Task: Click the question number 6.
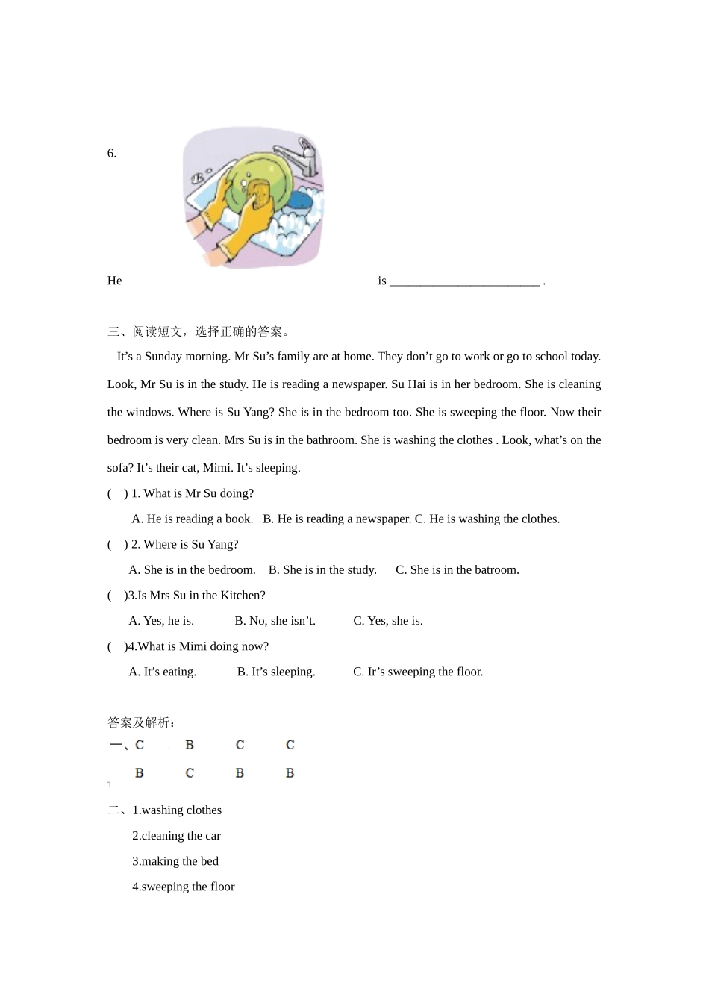112,154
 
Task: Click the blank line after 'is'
464,282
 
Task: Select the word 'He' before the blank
114,281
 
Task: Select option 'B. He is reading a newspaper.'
336,519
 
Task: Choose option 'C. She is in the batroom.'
457,570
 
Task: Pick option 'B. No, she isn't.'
275,621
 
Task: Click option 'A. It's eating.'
162,672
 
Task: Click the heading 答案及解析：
142,722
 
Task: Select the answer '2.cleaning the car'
176,836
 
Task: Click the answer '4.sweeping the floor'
183,887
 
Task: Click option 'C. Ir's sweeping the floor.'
418,672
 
